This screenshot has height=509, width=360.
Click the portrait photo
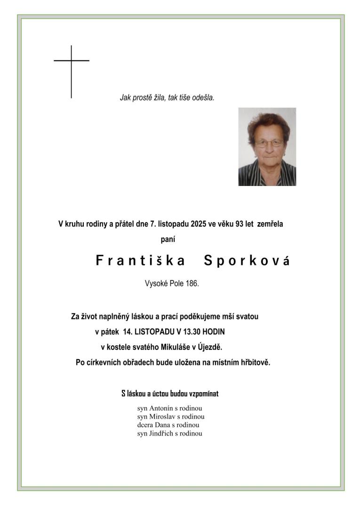pyautogui.click(x=267, y=146)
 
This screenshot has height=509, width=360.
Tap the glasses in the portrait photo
pyautogui.click(x=269, y=143)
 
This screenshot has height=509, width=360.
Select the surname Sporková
pyautogui.click(x=247, y=261)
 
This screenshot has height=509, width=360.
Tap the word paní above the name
pyautogui.click(x=168, y=240)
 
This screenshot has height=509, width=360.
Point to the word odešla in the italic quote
pyautogui.click(x=203, y=98)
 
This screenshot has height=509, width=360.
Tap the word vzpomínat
pyautogui.click(x=203, y=394)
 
